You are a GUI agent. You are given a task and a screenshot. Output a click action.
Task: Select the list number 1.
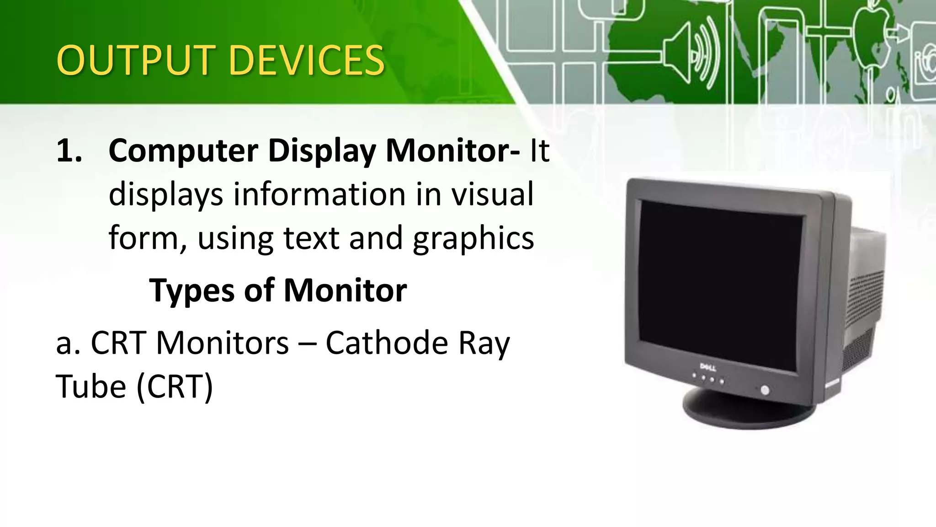point(69,151)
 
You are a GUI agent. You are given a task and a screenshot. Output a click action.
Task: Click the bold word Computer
point(183,151)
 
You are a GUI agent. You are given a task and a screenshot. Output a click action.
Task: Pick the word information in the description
point(319,194)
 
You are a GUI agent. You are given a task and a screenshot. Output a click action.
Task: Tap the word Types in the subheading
point(192,291)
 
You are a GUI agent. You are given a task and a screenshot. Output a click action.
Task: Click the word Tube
point(90,387)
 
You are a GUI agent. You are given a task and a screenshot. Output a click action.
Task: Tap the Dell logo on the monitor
point(708,367)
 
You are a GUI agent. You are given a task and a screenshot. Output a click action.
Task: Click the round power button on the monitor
point(765,390)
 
